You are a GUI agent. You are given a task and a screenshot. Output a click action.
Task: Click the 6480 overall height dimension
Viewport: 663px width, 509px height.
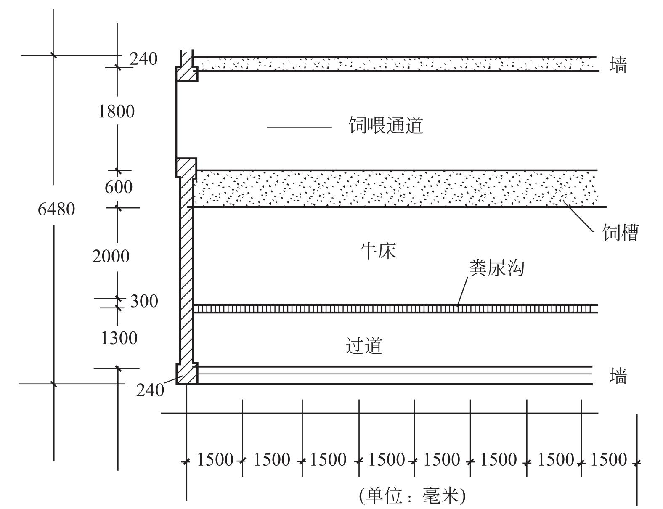(56, 209)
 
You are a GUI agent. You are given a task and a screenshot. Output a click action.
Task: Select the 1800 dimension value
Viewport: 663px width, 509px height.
(116, 111)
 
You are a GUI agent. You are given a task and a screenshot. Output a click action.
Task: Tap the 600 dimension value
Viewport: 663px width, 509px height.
(118, 187)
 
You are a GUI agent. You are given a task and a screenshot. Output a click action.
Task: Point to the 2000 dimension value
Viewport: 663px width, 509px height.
(111, 256)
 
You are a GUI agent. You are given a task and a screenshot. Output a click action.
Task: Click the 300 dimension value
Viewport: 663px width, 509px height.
(144, 301)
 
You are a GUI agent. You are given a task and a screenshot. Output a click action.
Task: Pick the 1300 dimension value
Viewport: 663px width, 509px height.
(119, 338)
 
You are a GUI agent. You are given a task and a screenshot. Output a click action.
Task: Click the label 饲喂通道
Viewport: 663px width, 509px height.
(385, 125)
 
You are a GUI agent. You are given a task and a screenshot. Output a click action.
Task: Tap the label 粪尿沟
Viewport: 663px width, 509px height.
(497, 268)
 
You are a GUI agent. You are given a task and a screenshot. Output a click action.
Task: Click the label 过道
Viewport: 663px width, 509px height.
(364, 346)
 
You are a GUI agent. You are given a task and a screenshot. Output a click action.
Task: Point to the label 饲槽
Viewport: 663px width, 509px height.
(621, 232)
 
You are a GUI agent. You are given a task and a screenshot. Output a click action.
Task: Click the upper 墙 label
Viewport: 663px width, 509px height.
(618, 65)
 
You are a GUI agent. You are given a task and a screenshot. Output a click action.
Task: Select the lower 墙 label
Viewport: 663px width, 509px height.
(618, 376)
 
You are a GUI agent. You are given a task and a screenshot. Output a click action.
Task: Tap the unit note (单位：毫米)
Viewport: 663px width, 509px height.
(412, 496)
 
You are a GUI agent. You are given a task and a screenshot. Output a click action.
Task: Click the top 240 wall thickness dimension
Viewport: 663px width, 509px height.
(143, 59)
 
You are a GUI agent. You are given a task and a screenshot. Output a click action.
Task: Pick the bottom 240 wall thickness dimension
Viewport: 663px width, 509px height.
(150, 390)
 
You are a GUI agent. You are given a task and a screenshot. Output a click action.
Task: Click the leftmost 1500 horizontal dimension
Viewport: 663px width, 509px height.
(215, 460)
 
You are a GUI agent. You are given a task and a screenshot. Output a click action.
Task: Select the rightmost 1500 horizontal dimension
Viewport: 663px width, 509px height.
(608, 460)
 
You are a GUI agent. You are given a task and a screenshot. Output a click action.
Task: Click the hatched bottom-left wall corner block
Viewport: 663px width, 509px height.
(186, 374)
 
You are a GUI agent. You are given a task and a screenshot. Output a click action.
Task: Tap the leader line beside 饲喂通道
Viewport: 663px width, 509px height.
(299, 127)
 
